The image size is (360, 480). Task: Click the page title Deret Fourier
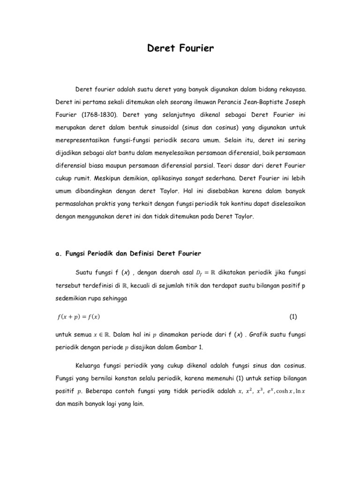coord(180,48)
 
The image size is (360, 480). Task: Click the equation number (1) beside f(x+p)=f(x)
coord(293,316)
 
